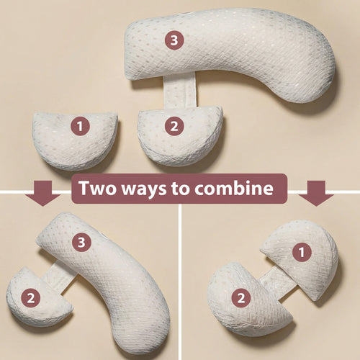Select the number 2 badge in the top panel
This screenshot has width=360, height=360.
(173, 127)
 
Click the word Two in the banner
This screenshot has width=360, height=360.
(99, 189)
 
